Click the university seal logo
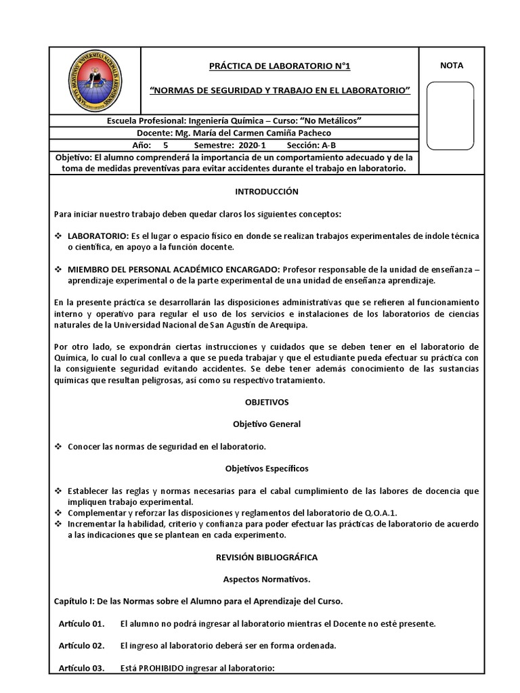95,81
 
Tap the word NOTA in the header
452,66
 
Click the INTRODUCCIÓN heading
266,192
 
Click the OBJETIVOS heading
266,402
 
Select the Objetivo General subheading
266,424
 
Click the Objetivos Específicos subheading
266,468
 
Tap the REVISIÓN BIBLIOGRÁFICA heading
266,557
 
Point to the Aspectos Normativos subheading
266,579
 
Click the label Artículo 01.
81,623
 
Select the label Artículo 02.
81,646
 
